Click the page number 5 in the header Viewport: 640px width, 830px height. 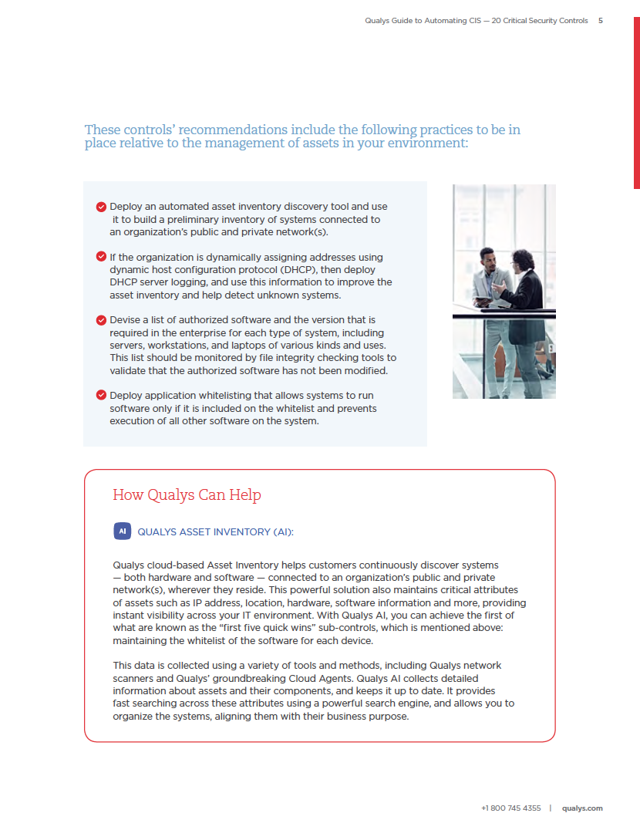(x=601, y=21)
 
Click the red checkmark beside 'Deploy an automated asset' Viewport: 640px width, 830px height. (x=101, y=207)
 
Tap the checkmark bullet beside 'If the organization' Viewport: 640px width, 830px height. (x=101, y=257)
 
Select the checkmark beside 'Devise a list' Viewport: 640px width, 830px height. (x=101, y=319)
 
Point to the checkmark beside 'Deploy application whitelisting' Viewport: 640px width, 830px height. (x=101, y=395)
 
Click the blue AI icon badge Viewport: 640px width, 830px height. (x=122, y=531)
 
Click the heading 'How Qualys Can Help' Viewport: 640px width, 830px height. (x=187, y=494)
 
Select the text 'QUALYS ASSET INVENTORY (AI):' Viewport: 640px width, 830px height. (x=215, y=532)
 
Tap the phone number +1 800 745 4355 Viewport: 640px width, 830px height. (x=510, y=808)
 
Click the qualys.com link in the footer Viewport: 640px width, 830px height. (x=582, y=808)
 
